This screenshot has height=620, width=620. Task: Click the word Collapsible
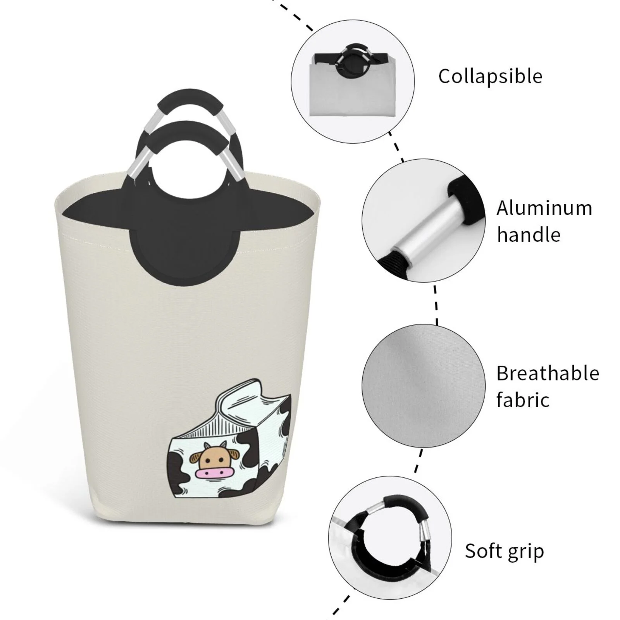tap(490, 76)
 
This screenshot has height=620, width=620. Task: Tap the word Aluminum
tap(544, 208)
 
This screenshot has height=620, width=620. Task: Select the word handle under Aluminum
tap(529, 235)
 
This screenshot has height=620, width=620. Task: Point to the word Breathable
tap(548, 374)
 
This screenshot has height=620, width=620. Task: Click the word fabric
tap(523, 400)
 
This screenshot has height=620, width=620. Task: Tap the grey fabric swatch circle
tap(423, 386)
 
